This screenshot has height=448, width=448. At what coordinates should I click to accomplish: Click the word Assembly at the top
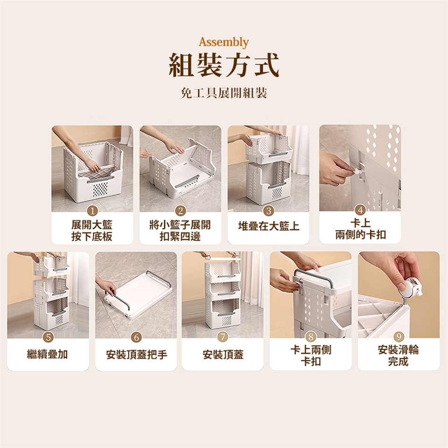pos(224,42)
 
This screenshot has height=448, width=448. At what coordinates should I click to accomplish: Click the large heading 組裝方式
pos(224,65)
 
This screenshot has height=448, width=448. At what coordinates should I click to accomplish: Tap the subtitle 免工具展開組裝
pos(224,93)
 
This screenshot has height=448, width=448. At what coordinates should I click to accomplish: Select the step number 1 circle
pos(92,211)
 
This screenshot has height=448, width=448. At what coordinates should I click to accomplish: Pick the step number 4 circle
pos(360,210)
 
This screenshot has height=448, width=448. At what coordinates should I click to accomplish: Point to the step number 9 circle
pos(399,337)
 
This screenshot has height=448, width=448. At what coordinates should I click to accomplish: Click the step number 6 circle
pos(136,337)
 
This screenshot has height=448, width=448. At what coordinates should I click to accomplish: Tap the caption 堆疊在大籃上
pos(269,226)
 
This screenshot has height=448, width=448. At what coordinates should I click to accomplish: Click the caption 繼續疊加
pos(48,354)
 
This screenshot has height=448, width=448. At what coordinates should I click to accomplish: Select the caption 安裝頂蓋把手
pos(136,355)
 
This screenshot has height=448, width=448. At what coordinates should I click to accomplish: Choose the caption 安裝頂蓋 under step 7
pos(223,355)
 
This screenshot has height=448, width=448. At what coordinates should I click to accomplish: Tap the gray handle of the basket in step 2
pos(187,182)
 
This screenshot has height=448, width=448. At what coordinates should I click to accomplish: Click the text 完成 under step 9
pos(398,361)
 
